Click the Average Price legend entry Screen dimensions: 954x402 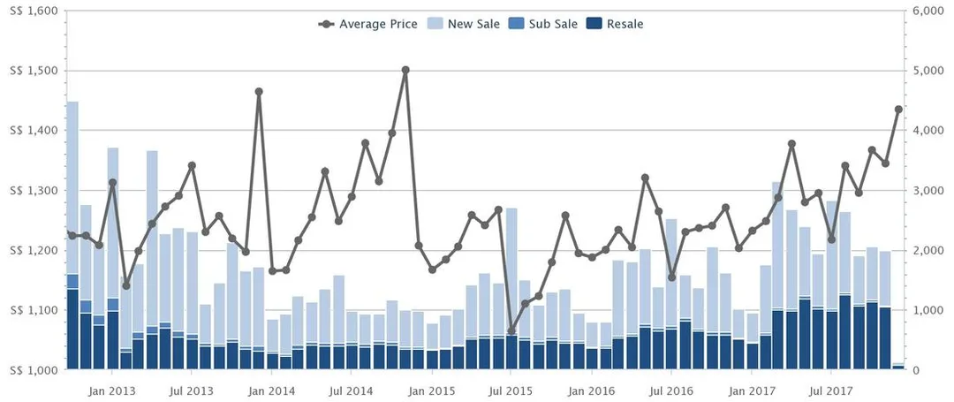point(367,25)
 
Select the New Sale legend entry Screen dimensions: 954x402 point(465,25)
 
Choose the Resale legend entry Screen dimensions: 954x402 point(615,25)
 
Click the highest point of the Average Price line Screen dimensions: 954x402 point(405,70)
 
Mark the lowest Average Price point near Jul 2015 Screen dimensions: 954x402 point(511,330)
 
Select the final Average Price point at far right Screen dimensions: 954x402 point(898,110)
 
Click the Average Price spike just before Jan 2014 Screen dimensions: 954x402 point(259,92)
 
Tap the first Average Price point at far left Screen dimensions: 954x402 point(72,235)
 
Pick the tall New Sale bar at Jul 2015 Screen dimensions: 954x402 point(511,271)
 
